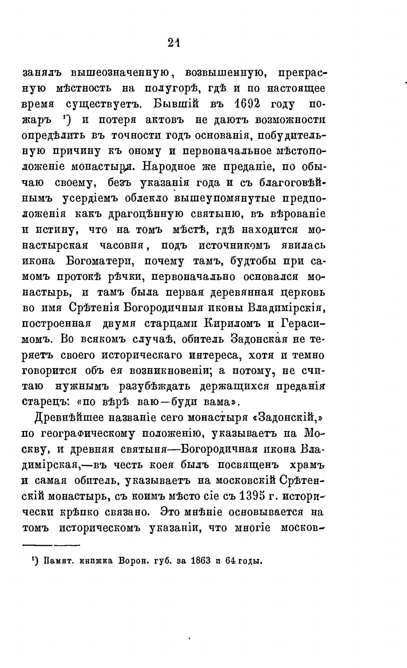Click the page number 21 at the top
coord(174,43)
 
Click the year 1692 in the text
coord(246,104)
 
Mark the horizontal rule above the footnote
coord(51,545)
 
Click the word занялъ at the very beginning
coord(42,73)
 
